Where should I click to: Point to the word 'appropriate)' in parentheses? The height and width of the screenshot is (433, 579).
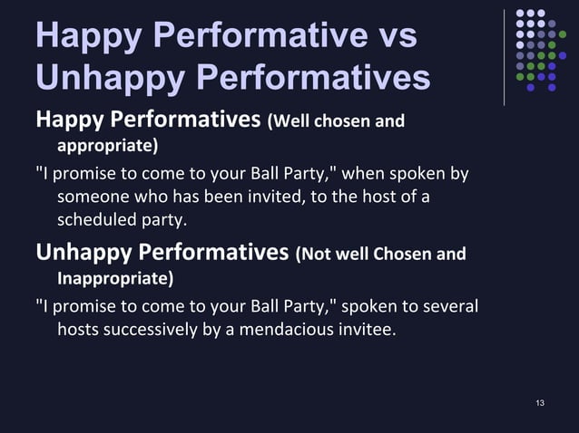pyautogui.click(x=107, y=145)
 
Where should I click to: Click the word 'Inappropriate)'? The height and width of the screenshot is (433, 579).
pyautogui.click(x=115, y=276)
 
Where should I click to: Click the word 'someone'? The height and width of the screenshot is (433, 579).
pyautogui.click(x=93, y=197)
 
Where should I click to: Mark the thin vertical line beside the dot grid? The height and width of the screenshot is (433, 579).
pyautogui.click(x=504, y=56)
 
